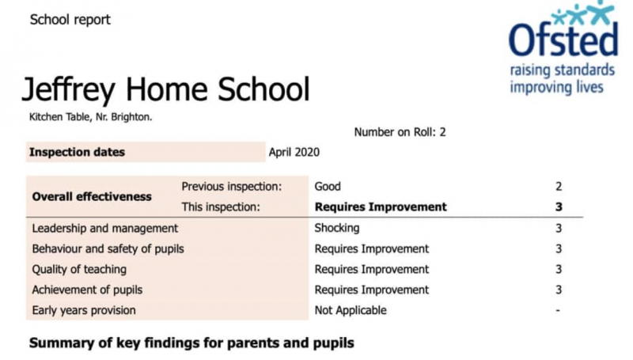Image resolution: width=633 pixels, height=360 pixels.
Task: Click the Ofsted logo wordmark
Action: pos(563,40)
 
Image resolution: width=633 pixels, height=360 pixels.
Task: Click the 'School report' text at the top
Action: pos(70,20)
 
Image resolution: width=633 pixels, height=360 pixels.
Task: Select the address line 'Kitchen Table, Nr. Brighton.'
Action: pos(90,117)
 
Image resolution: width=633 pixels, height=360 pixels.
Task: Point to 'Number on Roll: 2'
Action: pos(400,132)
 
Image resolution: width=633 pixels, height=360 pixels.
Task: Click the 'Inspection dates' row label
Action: pos(77,152)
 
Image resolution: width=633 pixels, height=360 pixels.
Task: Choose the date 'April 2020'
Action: pos(294,152)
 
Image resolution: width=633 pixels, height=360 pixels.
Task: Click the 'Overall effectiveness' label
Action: pos(91,196)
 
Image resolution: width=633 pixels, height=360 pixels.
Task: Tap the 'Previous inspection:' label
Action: pos(231,187)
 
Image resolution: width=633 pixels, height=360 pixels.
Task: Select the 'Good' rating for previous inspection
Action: pos(328,187)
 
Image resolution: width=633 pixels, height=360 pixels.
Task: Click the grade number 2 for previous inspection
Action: pos(559,187)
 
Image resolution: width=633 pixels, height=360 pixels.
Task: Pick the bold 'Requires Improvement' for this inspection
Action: pos(381,207)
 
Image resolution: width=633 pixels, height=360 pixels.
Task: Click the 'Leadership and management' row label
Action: pos(104,228)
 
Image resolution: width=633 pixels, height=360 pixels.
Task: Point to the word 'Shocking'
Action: pos(337,228)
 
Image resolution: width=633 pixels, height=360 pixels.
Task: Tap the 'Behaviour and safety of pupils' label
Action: pos(108,248)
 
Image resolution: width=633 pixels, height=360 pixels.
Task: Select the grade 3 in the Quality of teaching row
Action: pos(559,269)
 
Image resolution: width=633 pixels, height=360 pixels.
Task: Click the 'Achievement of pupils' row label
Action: pos(87,290)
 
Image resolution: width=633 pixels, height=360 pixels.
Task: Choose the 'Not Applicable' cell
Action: pos(351,310)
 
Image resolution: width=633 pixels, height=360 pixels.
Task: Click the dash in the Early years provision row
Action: pos(559,310)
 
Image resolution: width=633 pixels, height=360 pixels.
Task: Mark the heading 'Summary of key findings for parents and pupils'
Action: pos(191,343)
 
